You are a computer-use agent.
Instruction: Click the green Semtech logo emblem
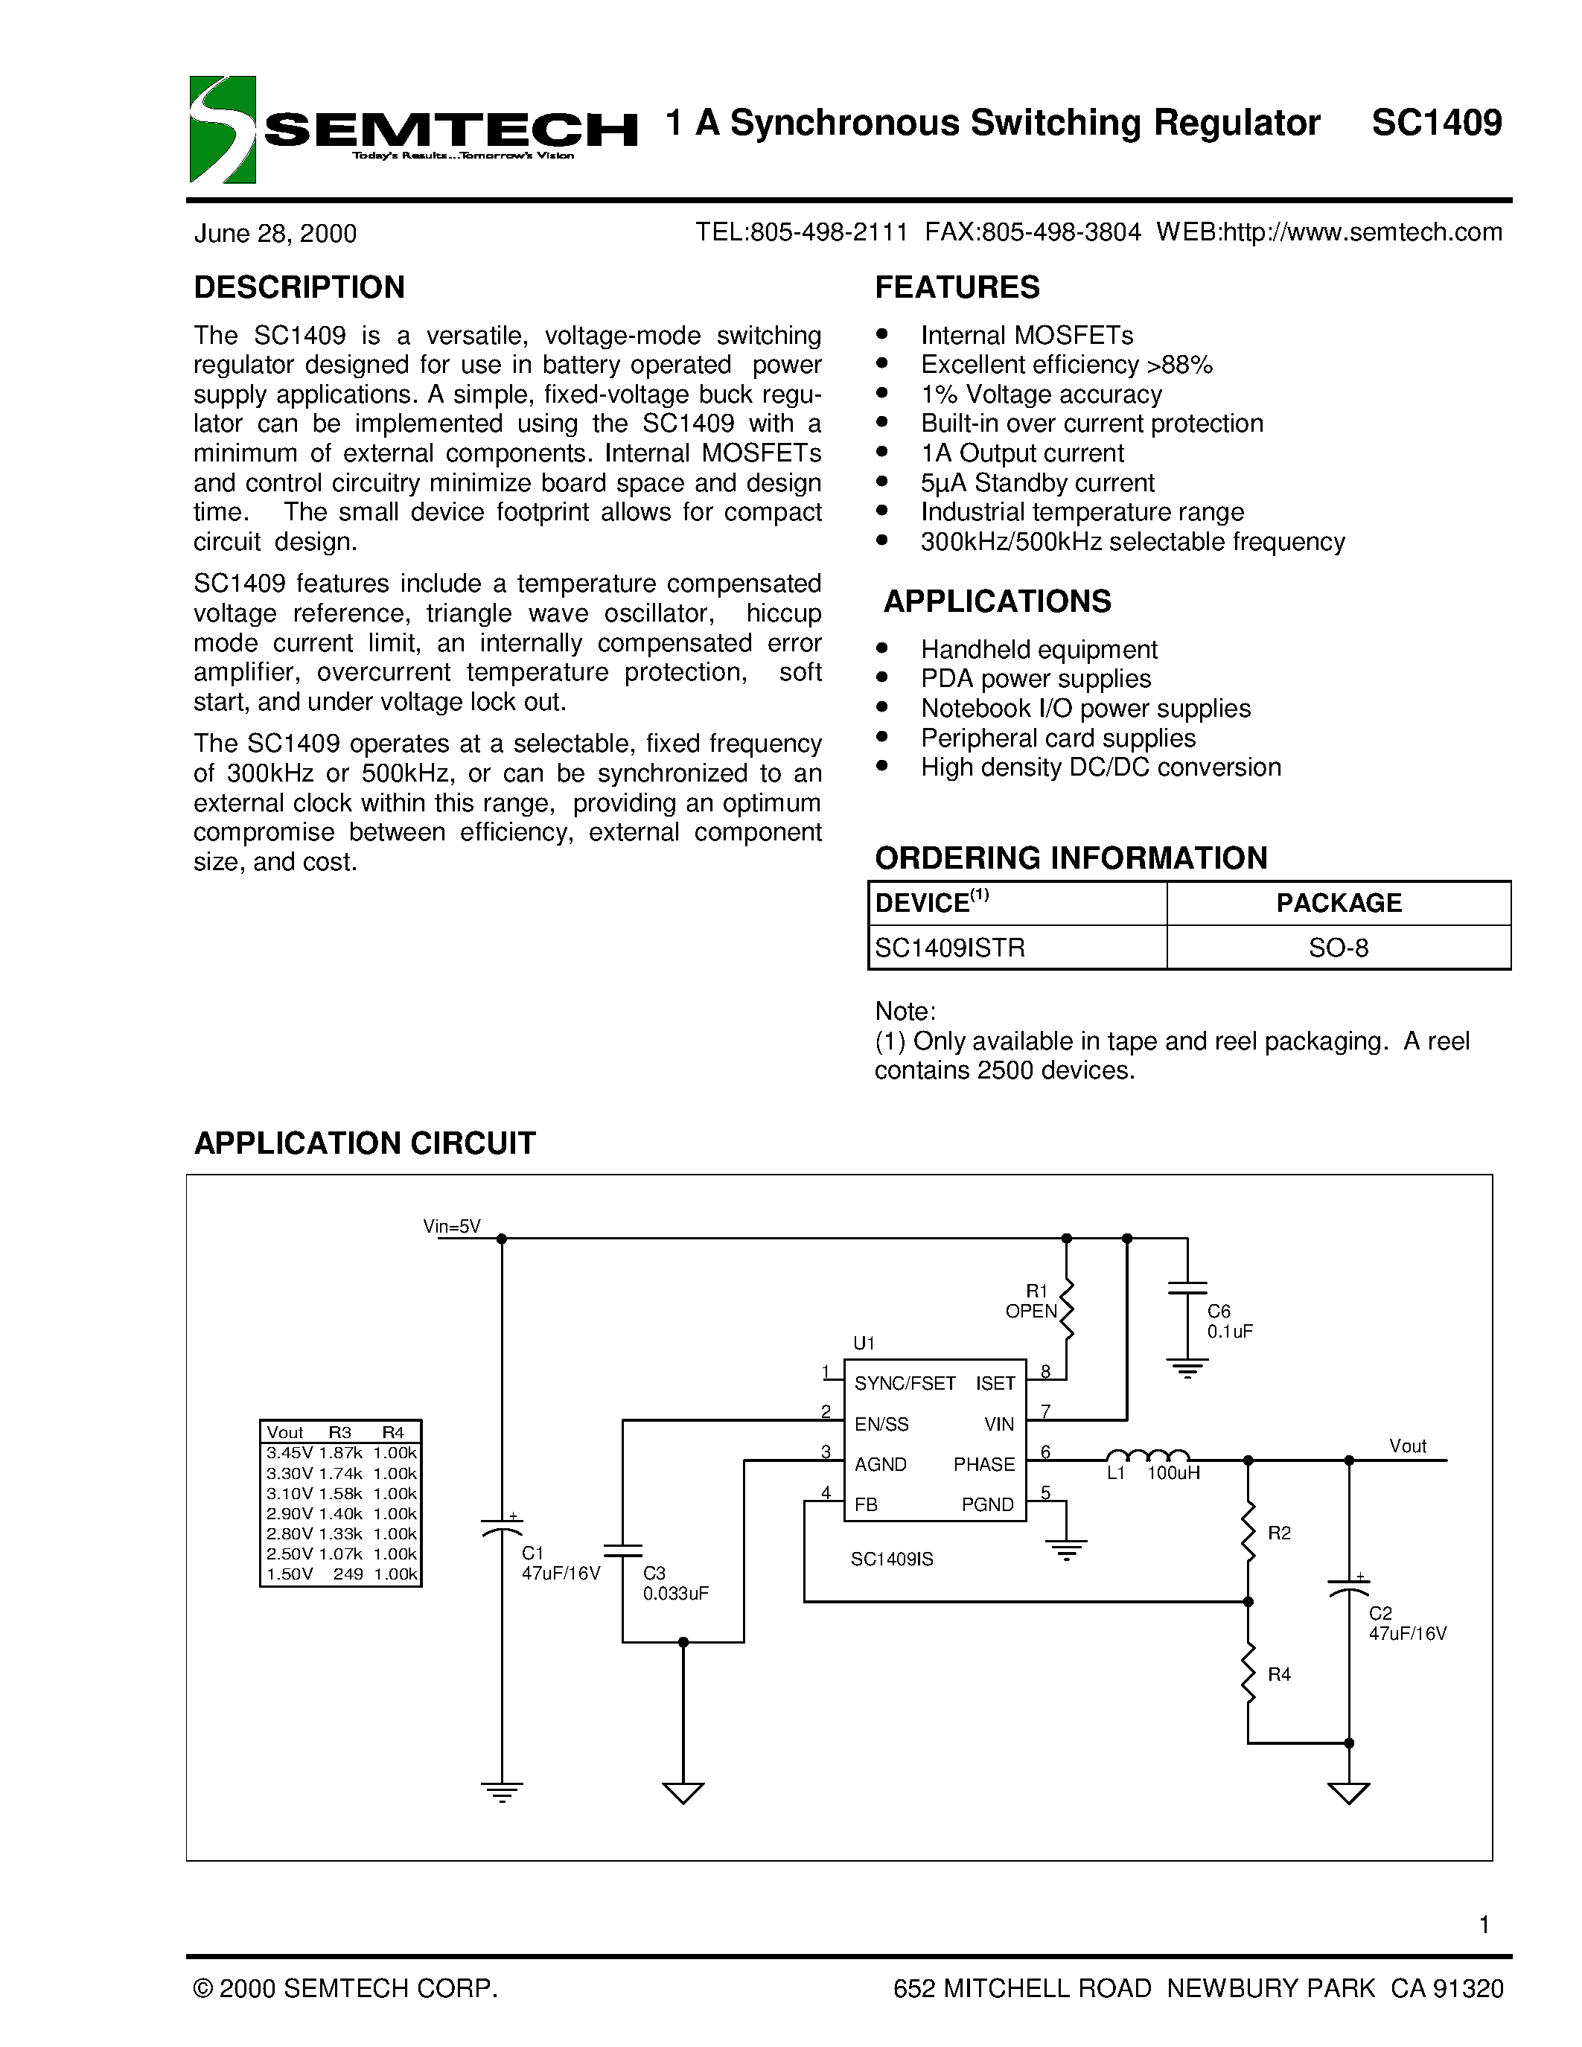coord(222,130)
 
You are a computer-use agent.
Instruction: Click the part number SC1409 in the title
coord(1436,123)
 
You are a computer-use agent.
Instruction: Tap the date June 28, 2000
coord(275,234)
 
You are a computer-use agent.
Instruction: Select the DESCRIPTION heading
coord(299,287)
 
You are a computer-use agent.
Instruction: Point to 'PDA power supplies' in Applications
coord(1036,679)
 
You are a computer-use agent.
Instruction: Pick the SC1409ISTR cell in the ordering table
coord(949,948)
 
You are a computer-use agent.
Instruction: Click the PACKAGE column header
coord(1339,903)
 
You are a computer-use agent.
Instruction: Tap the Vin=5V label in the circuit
coord(452,1226)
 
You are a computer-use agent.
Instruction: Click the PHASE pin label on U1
coord(984,1464)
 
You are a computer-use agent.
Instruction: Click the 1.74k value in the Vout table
coord(340,1473)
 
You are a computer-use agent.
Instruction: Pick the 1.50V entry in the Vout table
coord(289,1574)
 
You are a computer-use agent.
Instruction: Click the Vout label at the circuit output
coord(1407,1446)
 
